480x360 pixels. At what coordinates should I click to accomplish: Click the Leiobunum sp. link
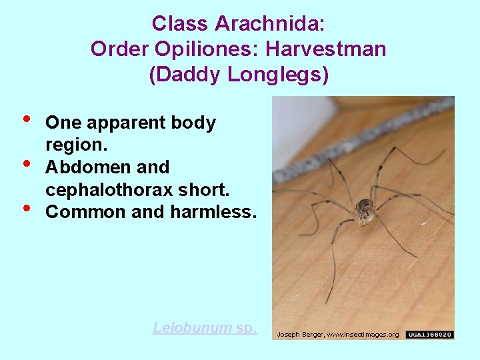(205, 327)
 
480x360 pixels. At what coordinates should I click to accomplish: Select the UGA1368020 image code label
(430, 334)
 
